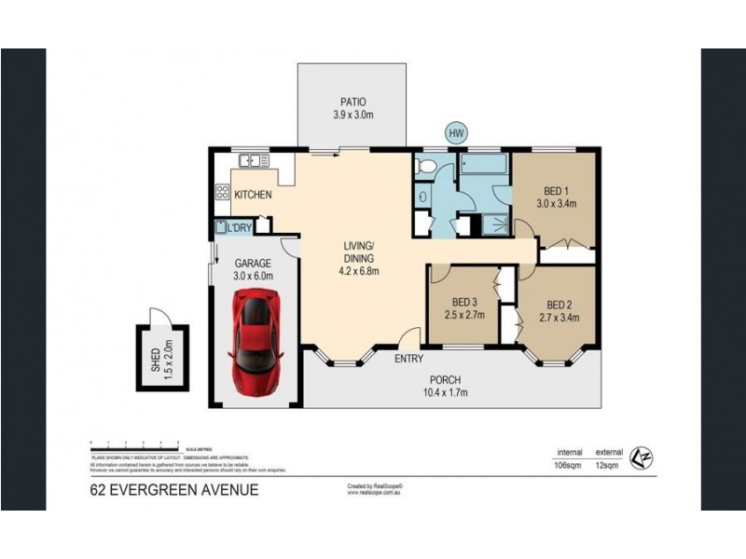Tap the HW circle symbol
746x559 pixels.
456,134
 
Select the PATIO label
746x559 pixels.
352,102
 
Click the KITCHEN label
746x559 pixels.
253,195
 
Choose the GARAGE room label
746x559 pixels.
252,264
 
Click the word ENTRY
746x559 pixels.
409,359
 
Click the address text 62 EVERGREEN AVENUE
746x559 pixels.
173,489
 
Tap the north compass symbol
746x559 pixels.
639,457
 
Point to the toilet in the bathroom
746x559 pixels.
425,167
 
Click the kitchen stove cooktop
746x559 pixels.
223,194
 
